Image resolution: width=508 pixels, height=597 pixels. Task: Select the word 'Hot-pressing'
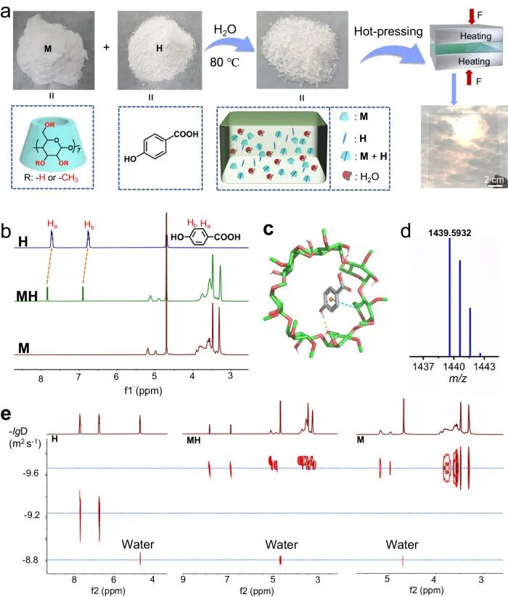coord(382,32)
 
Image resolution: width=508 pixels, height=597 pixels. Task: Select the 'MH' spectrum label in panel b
coord(27,297)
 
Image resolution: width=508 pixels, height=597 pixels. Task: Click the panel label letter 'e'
coord(7,415)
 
